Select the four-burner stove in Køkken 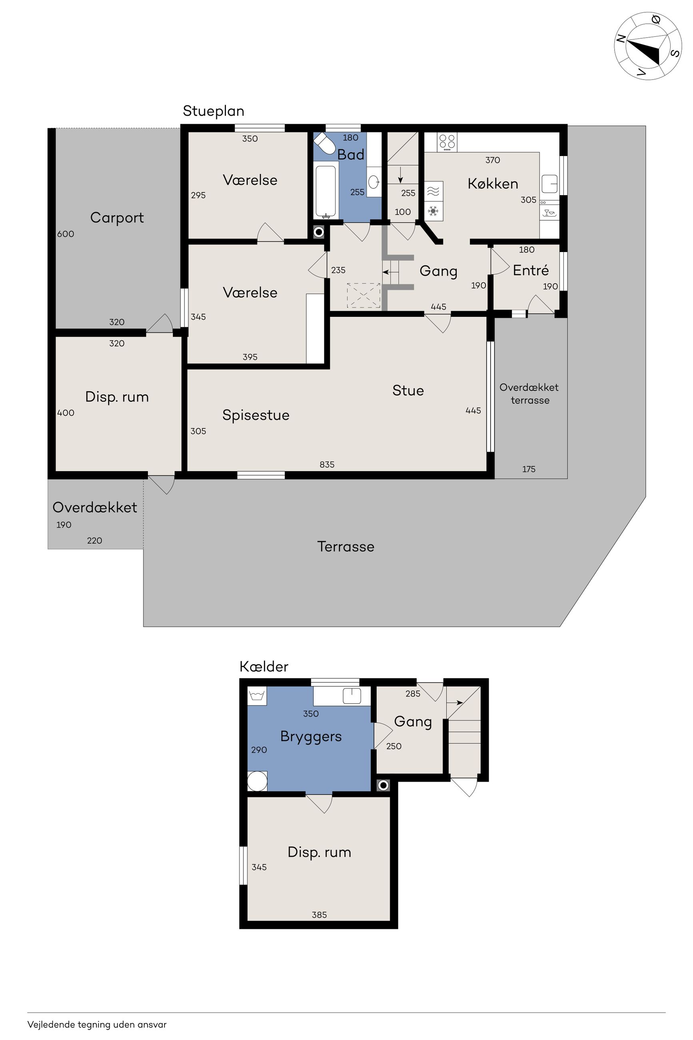point(447,142)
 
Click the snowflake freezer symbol point(433,211)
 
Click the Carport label point(117,218)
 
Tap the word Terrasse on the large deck point(346,546)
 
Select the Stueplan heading point(214,111)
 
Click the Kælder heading point(264,666)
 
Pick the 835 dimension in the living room point(327,464)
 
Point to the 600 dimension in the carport point(66,234)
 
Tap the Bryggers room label point(311,736)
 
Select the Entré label point(530,270)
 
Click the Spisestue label point(256,415)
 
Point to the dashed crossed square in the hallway point(363,295)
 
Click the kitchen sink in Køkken point(549,184)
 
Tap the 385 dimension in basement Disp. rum point(319,915)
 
